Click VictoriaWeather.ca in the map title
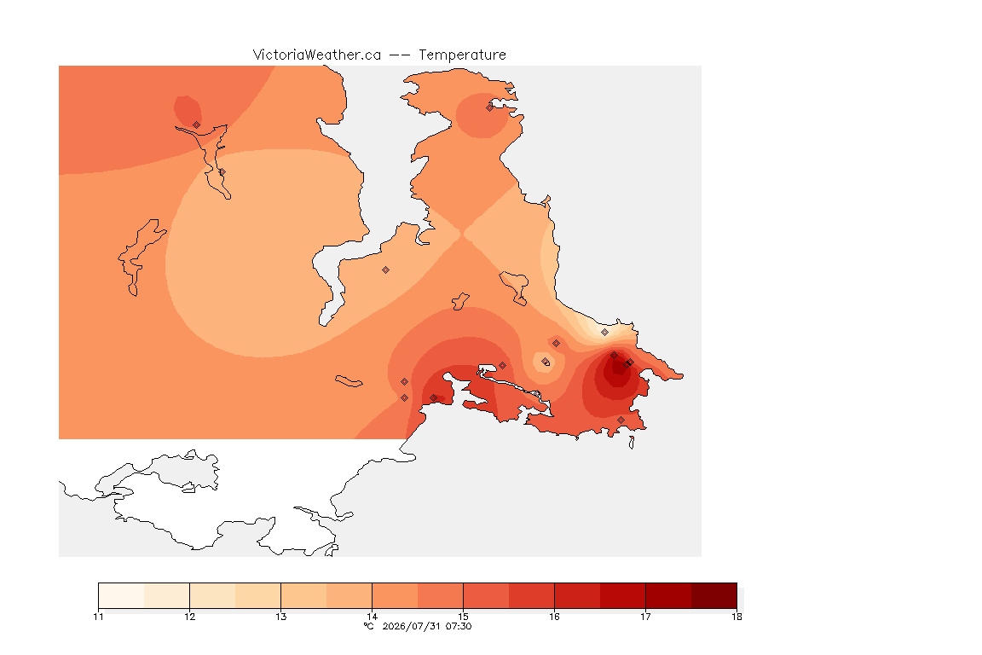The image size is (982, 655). pos(317,55)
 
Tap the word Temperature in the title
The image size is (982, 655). pos(462,55)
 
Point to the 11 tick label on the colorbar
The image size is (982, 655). pos(98,617)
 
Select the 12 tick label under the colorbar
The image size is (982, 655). pos(190,617)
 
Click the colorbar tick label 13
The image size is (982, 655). pos(280,617)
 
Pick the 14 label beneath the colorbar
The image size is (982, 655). pos(372,617)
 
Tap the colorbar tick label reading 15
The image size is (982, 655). pos(463,617)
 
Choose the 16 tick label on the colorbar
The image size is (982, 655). pos(554,617)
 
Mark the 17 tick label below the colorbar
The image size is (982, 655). pos(645,617)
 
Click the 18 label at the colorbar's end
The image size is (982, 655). pos(736,617)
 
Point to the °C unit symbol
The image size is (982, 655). pos(369,626)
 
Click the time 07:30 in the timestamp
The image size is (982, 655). pos(459,626)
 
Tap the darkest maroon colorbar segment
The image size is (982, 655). pos(714,595)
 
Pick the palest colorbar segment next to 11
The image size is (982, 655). pos(122,595)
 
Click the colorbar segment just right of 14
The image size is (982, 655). pos(395,595)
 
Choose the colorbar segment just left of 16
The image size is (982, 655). pos(532,595)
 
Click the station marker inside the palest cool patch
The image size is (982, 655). pos(604,333)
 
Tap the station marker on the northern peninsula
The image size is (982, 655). pos(490,107)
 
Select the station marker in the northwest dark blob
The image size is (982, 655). pos(197,125)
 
